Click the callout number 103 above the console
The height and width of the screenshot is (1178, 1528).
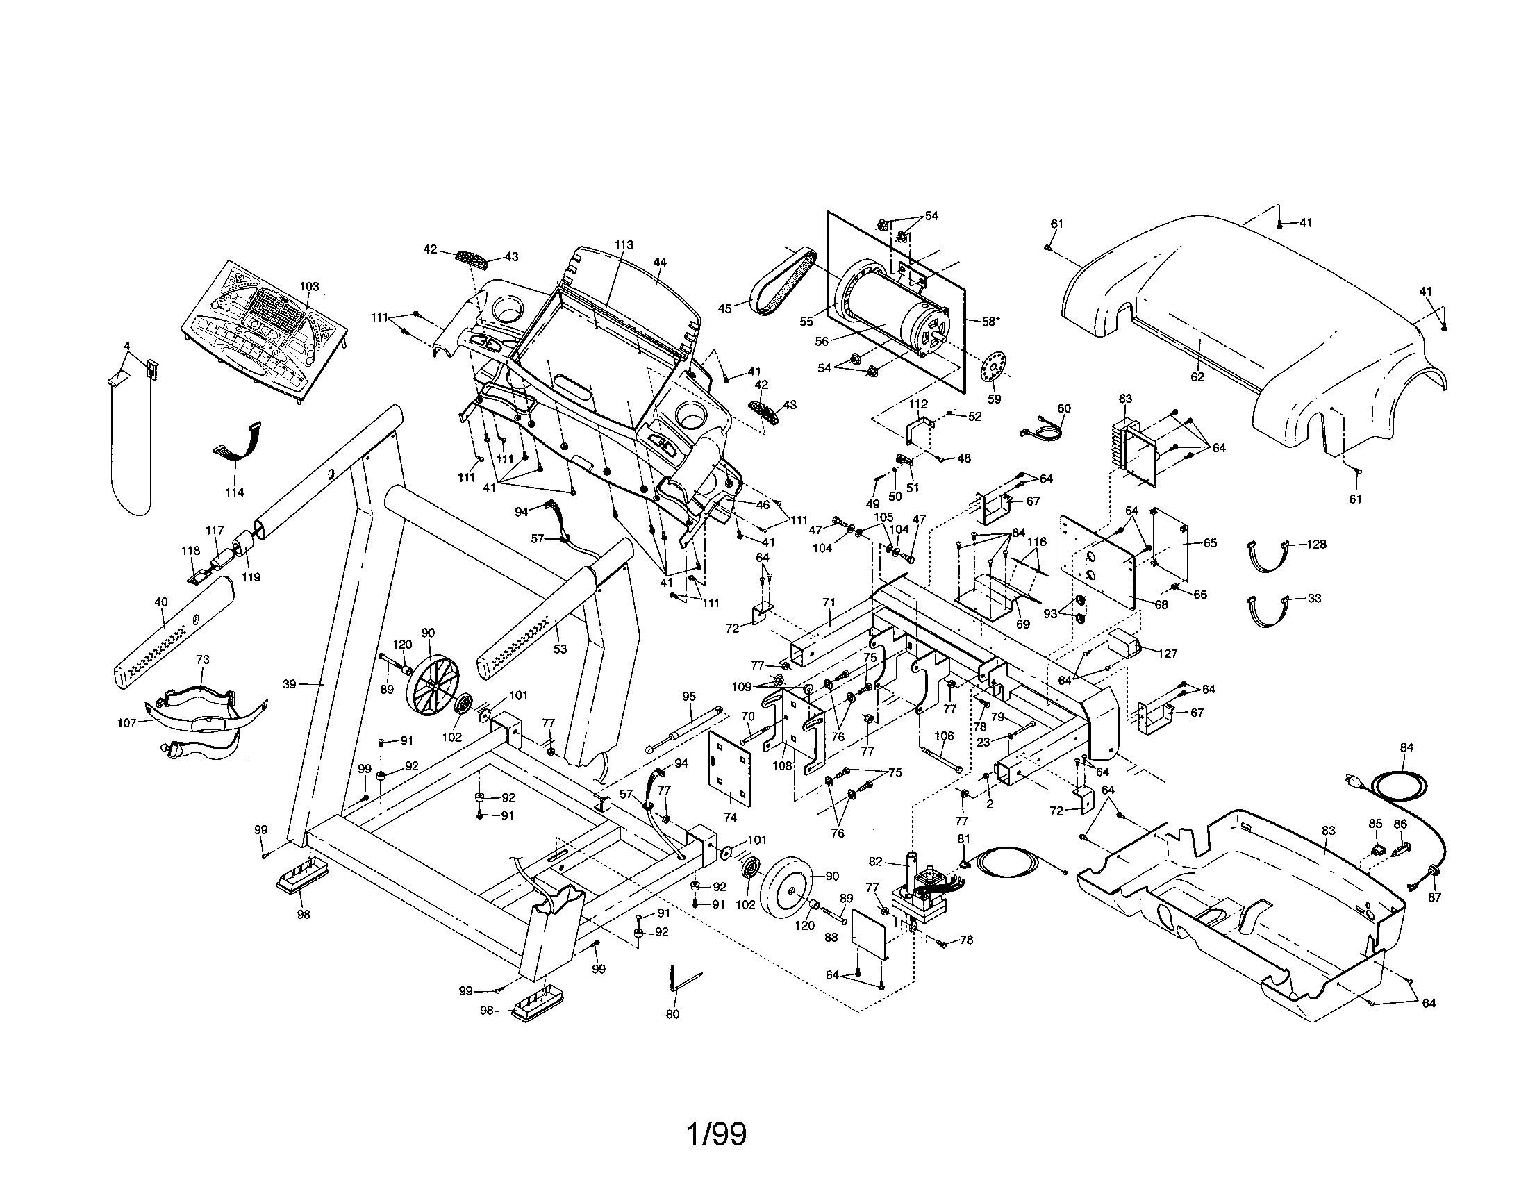click(x=309, y=287)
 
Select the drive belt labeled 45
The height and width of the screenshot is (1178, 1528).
click(x=782, y=290)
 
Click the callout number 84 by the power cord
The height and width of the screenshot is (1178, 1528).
click(x=1406, y=747)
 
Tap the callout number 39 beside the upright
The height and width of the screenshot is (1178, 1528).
click(x=290, y=684)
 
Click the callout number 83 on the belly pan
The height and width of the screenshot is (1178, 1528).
click(x=1328, y=831)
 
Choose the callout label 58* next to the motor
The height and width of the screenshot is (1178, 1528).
click(x=989, y=322)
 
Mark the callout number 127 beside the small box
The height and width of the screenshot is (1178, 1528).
click(x=1168, y=654)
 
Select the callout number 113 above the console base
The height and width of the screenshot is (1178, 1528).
click(x=624, y=244)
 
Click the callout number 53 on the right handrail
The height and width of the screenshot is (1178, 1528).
click(x=560, y=649)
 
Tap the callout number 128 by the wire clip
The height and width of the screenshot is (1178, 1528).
click(x=1316, y=545)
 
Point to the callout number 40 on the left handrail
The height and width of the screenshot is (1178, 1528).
click(x=161, y=601)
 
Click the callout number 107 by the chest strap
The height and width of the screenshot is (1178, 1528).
click(x=126, y=724)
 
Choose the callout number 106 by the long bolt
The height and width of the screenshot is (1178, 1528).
click(x=944, y=736)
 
